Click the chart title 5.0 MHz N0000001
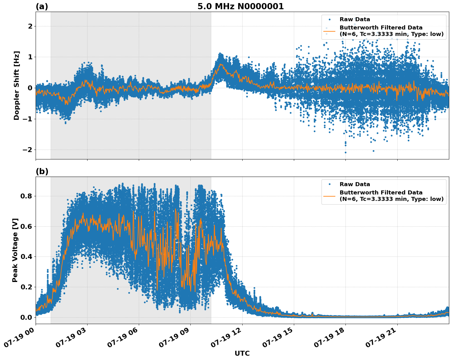point(240,6)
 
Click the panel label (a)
point(42,6)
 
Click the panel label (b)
point(42,171)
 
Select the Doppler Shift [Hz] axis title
point(17,85)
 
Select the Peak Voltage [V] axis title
point(15,250)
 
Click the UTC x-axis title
point(242,353)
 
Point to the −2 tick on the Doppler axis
point(28,150)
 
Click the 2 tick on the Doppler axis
point(30,26)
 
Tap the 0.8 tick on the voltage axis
point(26,196)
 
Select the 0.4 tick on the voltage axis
point(26,257)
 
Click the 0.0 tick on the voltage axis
point(26,317)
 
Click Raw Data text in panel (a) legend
point(355,19)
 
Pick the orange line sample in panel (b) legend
point(329,196)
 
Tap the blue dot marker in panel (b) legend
point(329,184)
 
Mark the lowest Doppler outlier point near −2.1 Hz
point(345,152)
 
